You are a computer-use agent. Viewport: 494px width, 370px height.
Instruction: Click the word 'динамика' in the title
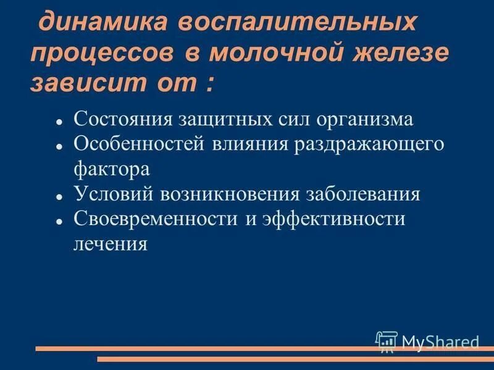pyautogui.click(x=104, y=23)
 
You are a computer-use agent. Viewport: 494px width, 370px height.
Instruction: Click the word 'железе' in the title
pyautogui.click(x=395, y=53)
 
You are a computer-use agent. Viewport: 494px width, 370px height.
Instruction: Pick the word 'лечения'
pyautogui.click(x=111, y=244)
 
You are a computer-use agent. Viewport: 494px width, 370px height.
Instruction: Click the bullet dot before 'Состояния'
pyautogui.click(x=60, y=122)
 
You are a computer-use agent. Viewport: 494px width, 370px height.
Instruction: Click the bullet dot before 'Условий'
pyautogui.click(x=60, y=197)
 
